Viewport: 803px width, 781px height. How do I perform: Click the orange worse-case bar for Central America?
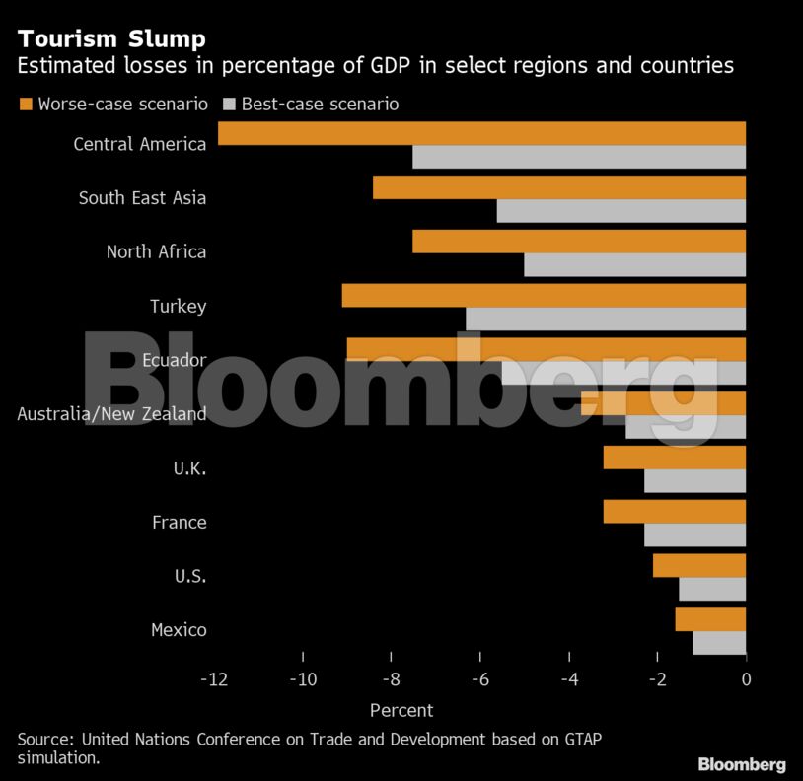pos(481,133)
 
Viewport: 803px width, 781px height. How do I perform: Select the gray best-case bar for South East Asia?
pos(621,211)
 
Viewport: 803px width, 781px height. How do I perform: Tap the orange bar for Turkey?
pos(544,295)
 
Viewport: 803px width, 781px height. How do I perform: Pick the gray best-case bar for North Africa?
pos(634,265)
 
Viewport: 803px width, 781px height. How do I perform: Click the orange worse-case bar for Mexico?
pos(710,618)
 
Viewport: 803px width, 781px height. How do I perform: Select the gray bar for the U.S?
pos(712,589)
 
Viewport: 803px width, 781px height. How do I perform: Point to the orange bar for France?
pos(674,511)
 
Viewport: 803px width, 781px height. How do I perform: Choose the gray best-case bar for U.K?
pos(694,481)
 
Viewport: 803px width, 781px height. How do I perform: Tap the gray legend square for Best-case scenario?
pos(229,104)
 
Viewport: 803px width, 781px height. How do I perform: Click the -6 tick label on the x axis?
pos(479,679)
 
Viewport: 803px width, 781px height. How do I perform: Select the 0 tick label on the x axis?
pos(746,679)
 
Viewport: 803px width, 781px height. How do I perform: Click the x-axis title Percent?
pos(401,710)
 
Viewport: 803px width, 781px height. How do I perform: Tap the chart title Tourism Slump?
pos(111,39)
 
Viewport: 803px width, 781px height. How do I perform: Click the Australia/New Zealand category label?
pos(112,414)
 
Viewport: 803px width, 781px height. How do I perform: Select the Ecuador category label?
pos(174,360)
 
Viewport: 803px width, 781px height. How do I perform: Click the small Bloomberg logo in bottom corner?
pos(742,764)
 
